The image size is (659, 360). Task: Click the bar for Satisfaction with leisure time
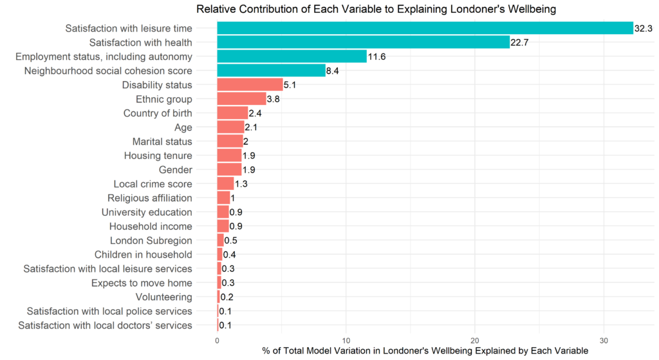425,28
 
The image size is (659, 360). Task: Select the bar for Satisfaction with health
364,43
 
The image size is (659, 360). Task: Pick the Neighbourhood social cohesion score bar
272,71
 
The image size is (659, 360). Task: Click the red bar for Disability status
250,85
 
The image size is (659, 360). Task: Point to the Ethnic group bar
241,99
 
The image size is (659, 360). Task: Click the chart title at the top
376,9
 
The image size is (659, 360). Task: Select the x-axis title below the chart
425,351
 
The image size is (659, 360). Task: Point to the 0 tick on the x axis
217,339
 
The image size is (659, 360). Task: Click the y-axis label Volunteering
163,297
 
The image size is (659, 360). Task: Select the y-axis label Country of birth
158,113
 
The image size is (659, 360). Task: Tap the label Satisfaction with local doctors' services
106,325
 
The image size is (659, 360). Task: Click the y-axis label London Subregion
151,241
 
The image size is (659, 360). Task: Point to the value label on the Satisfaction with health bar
519,43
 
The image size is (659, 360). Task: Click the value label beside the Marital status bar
245,142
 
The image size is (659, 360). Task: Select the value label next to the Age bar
251,128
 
